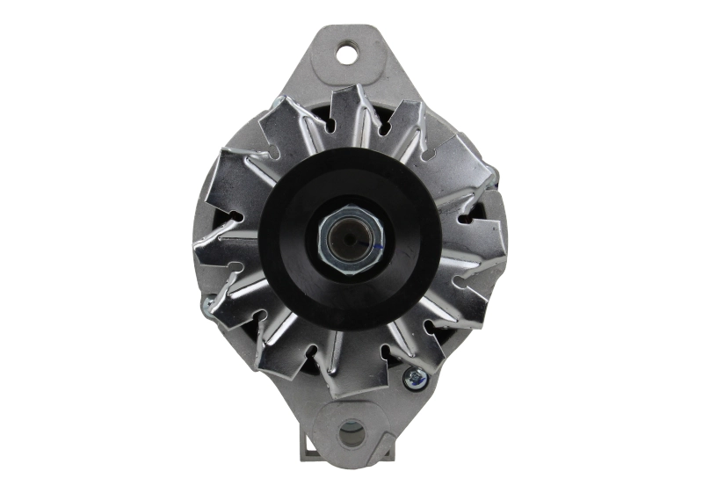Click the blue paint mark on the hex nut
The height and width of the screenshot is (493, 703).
(372, 248)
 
